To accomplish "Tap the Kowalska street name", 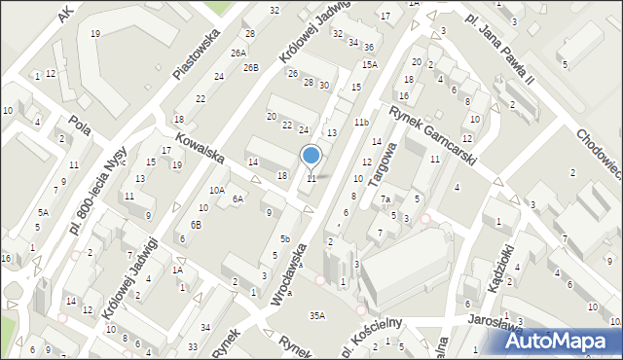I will [201, 148].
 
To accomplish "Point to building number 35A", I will [316, 315].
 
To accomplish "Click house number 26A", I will [238, 53].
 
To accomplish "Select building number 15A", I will [369, 64].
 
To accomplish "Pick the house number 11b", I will [361, 122].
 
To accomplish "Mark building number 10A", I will [217, 191].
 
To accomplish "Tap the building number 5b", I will [285, 238].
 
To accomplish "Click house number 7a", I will [385, 199].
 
